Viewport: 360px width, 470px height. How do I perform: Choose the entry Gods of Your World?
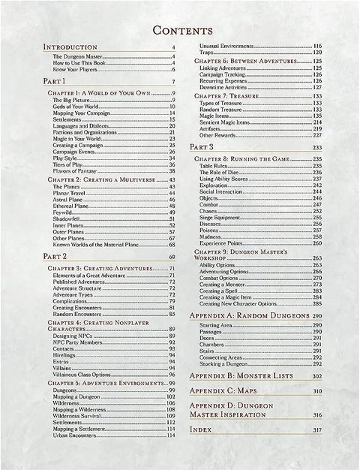pos(77,106)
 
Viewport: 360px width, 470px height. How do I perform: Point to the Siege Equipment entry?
pos(222,217)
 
